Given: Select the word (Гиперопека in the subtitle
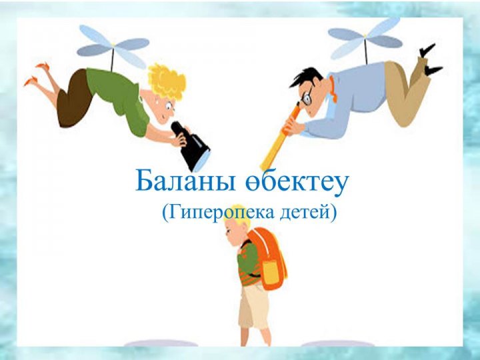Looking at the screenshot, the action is click(218, 212).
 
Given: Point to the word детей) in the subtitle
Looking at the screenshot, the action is click(308, 212).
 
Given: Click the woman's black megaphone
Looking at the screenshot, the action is click(191, 146).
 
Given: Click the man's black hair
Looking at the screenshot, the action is click(306, 78).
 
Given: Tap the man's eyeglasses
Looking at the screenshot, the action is click(307, 97).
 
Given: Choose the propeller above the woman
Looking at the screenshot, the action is click(113, 46).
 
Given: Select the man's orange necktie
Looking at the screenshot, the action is click(333, 89).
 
